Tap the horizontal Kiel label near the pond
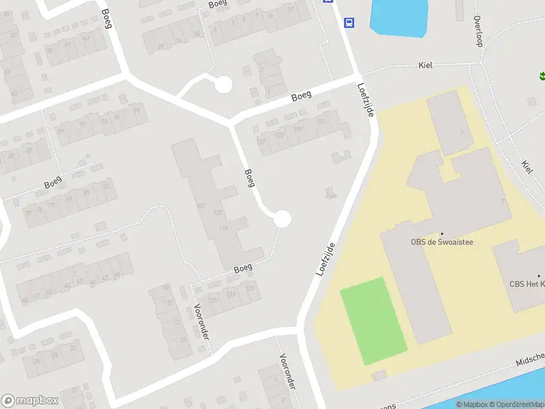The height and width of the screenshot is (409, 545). pyautogui.click(x=426, y=65)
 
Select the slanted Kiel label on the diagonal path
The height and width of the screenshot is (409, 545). pyautogui.click(x=527, y=166)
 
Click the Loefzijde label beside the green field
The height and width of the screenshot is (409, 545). pyautogui.click(x=327, y=258)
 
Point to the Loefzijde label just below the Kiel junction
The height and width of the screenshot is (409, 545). pyautogui.click(x=365, y=100)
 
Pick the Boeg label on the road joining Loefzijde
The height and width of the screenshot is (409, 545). pyautogui.click(x=301, y=96)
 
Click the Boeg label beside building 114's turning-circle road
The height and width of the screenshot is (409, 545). pyautogui.click(x=249, y=178)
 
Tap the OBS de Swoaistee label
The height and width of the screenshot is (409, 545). pyautogui.click(x=441, y=241)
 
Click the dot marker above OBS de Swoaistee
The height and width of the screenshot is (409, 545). pyautogui.click(x=441, y=233)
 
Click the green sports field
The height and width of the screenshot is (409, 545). pyautogui.click(x=373, y=320)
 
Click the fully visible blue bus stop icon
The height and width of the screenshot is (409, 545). pyautogui.click(x=349, y=22)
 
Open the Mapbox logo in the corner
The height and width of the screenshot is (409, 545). pyautogui.click(x=30, y=401)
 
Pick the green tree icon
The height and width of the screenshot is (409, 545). pyautogui.click(x=542, y=76)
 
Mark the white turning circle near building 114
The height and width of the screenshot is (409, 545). pyautogui.click(x=282, y=219)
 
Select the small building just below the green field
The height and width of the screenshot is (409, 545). pyautogui.click(x=379, y=376)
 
